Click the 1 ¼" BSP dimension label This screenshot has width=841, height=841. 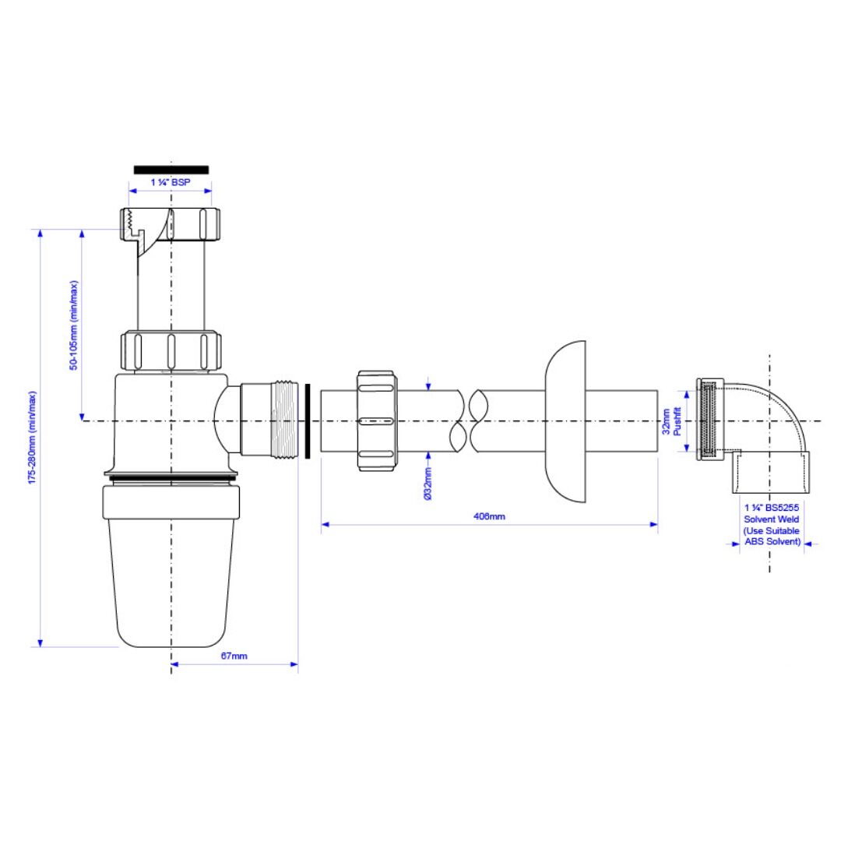(171, 182)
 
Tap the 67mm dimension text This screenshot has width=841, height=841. (234, 656)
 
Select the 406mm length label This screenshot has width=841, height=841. (489, 516)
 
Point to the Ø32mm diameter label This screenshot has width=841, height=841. (428, 484)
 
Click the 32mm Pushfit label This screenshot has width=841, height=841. (671, 421)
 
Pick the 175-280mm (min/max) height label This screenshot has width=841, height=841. (32, 438)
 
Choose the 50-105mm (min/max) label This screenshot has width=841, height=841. (73, 325)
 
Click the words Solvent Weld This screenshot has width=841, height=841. (771, 519)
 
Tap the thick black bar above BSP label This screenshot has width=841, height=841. (171, 170)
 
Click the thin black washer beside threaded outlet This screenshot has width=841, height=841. (308, 421)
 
